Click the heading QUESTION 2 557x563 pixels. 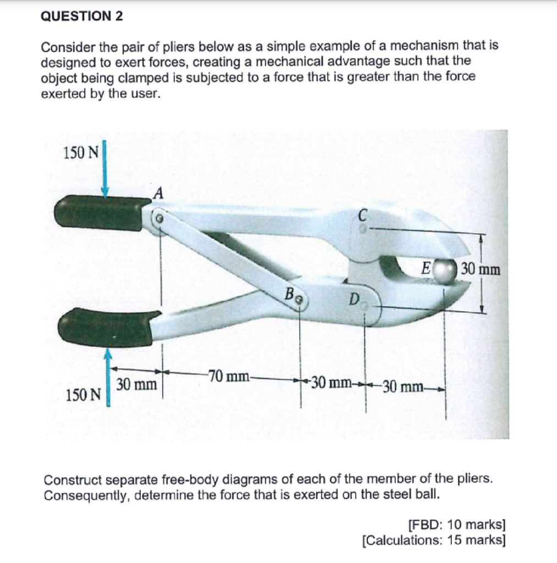click(x=82, y=16)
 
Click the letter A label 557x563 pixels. click(x=158, y=193)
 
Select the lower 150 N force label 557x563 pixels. click(x=83, y=394)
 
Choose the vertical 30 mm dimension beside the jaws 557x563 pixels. click(x=481, y=269)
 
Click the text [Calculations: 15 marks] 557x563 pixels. click(x=434, y=539)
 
